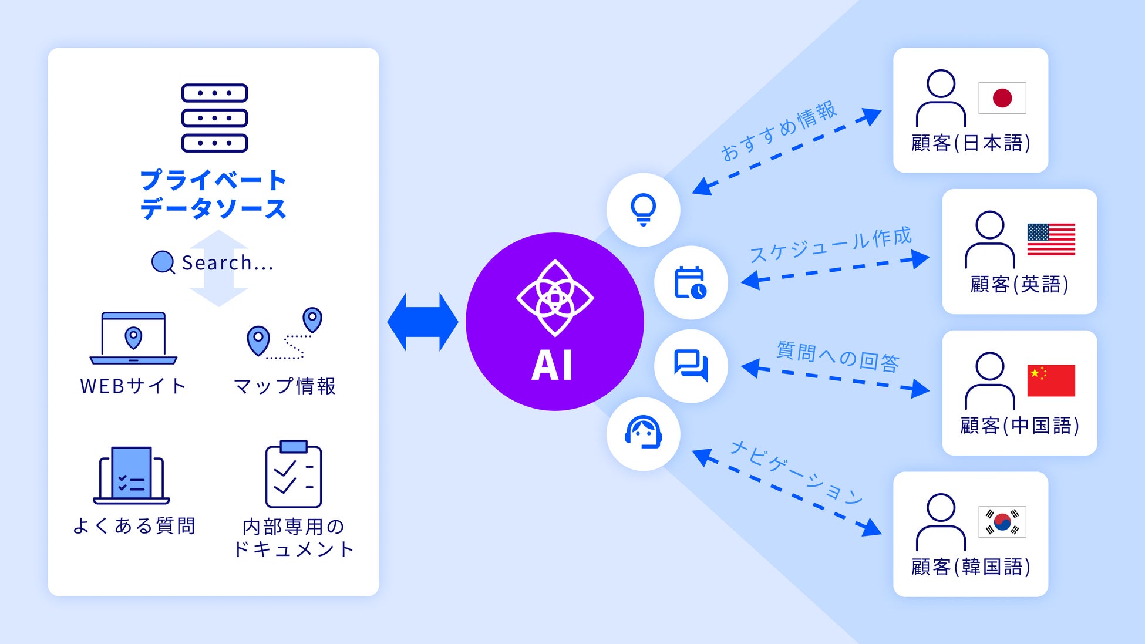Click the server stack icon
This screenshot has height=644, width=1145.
214,117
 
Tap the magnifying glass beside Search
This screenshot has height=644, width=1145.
163,262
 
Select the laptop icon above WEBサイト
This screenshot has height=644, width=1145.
133,338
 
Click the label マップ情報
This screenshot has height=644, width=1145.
285,386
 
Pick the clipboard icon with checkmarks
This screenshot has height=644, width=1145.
294,474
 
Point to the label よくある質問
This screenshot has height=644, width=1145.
134,525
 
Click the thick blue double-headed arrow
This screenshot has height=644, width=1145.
422,322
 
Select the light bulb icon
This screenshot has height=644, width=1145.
643,210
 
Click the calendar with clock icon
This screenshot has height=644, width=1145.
691,282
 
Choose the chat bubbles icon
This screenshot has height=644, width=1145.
691,366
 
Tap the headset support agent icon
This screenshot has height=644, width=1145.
643,433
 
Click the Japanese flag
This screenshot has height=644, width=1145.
1002,98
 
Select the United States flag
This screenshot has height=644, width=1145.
1051,240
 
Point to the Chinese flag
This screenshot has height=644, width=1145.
1051,380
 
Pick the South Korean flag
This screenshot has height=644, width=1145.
1002,522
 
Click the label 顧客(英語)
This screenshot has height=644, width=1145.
1019,284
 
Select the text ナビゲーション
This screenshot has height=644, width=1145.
796,473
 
